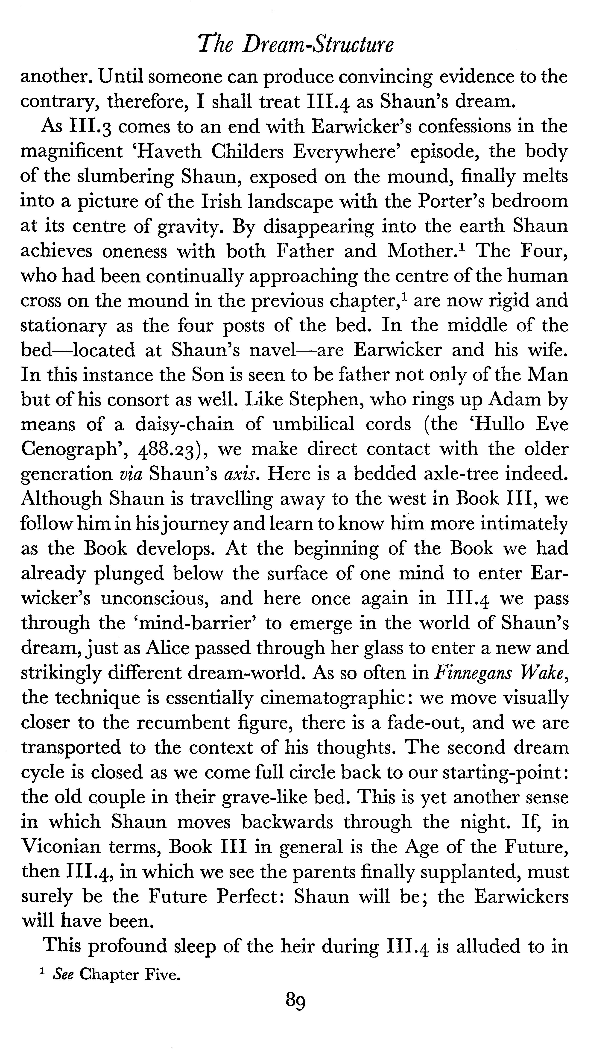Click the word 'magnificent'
tap(72, 152)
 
